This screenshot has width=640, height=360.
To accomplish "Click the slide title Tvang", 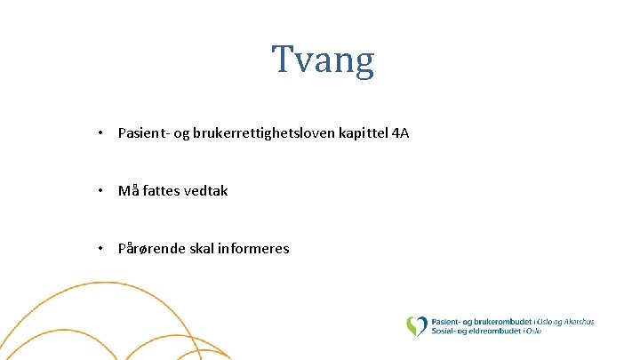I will pyautogui.click(x=324, y=60).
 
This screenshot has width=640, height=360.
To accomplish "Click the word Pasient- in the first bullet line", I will pyautogui.click(x=144, y=133).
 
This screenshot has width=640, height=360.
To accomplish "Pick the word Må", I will pyautogui.click(x=128, y=190).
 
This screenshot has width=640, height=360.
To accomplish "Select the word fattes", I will pyautogui.click(x=162, y=190).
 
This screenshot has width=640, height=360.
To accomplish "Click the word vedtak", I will pyautogui.click(x=206, y=190).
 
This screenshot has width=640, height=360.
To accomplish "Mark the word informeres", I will pyautogui.click(x=255, y=248).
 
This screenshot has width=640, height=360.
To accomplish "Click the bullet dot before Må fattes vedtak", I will pyautogui.click(x=103, y=190).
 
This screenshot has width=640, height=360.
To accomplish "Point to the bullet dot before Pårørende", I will pyautogui.click(x=103, y=248).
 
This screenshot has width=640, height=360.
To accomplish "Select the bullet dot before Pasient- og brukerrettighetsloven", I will pyautogui.click(x=103, y=133).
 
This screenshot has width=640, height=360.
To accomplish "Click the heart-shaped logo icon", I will pyautogui.click(x=416, y=326).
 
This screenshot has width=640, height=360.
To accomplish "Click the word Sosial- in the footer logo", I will pyautogui.click(x=445, y=331).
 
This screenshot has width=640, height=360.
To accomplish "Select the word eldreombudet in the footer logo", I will pyautogui.click(x=493, y=331).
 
